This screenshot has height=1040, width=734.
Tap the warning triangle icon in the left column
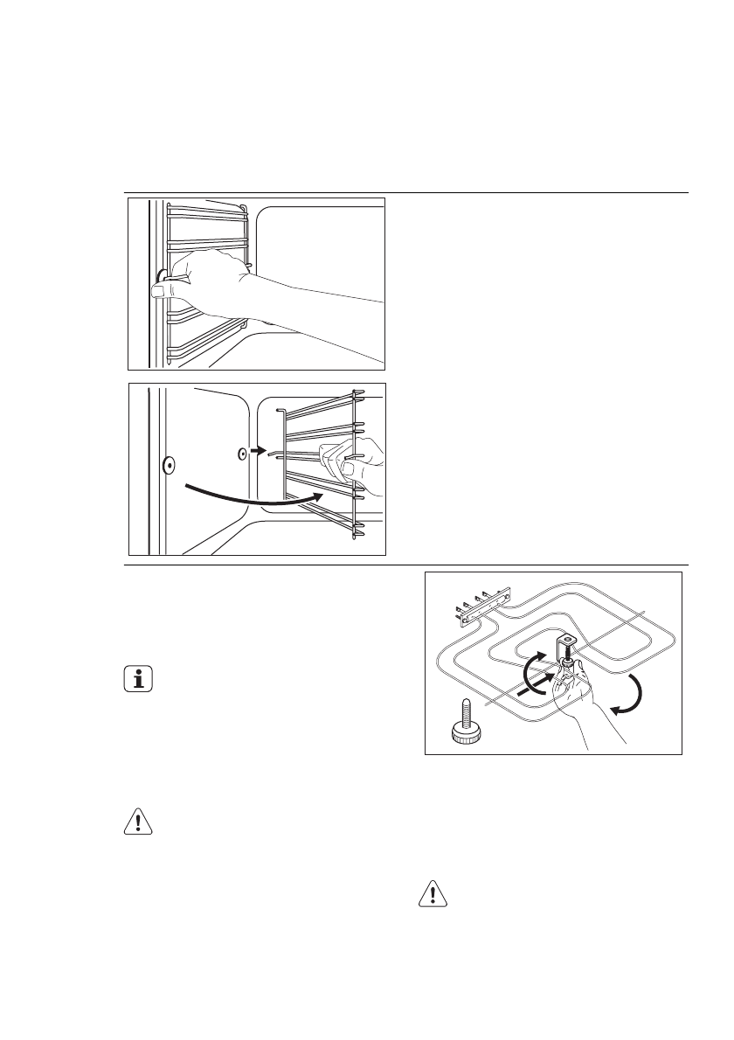[x=136, y=822]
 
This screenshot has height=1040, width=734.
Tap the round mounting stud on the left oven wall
[x=169, y=466]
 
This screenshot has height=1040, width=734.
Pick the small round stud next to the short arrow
[x=242, y=454]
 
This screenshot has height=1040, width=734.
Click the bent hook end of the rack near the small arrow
[x=274, y=454]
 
